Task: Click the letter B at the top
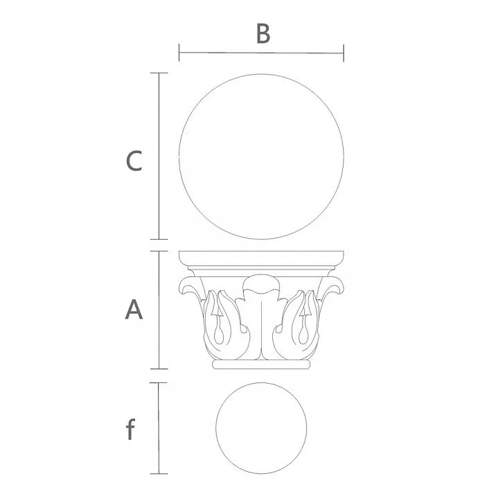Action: [x=263, y=33]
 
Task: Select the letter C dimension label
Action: [x=134, y=161]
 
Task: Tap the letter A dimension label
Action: [x=134, y=310]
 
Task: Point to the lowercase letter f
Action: [x=130, y=429]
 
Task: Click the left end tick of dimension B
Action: [x=179, y=53]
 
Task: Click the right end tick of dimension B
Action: [x=344, y=53]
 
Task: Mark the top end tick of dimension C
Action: [x=159, y=73]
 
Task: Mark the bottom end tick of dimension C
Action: [x=159, y=239]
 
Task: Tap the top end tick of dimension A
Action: [x=159, y=251]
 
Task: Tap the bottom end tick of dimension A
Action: [x=159, y=369]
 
